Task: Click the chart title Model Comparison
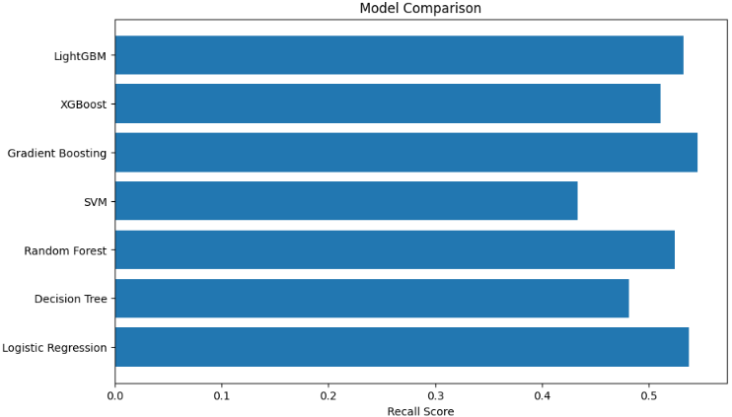tap(420, 9)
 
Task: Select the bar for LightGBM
tap(399, 55)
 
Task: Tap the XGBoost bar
tap(388, 104)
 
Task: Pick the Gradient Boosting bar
tap(405, 153)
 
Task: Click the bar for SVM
tap(346, 201)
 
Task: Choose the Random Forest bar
tap(395, 250)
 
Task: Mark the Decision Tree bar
tap(372, 299)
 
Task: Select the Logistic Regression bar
tap(402, 347)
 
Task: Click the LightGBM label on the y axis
tap(80, 56)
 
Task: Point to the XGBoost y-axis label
tap(83, 104)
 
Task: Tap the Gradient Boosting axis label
tap(56, 153)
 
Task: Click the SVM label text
tap(95, 202)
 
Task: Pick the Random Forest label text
tap(65, 250)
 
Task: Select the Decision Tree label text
tap(70, 299)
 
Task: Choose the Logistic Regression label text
tap(54, 348)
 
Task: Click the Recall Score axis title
tap(420, 411)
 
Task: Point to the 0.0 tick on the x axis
tap(115, 395)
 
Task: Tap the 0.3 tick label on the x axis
tap(435, 395)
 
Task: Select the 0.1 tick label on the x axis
tap(222, 395)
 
